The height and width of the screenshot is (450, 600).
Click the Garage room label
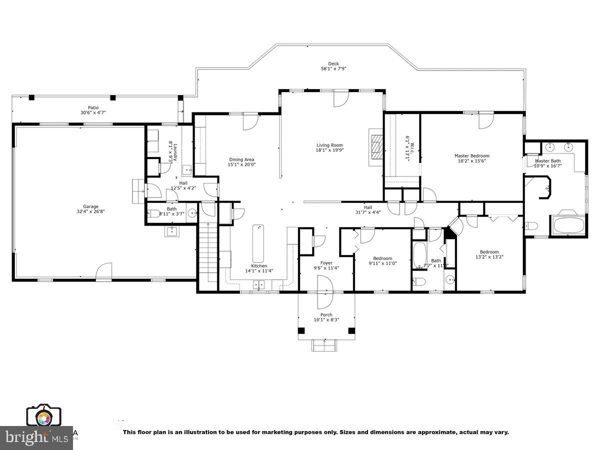(90, 206)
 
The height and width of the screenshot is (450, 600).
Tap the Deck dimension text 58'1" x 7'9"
(333, 68)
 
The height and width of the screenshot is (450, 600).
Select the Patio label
(93, 107)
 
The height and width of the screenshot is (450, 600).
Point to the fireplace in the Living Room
(375, 147)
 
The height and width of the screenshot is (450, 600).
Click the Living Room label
(329, 145)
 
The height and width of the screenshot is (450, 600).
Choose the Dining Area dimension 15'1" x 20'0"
(241, 164)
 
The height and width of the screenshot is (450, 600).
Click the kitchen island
(258, 242)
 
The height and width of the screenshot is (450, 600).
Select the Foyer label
(326, 263)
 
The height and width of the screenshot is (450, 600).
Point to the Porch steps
(325, 345)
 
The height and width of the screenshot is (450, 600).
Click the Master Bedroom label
(471, 155)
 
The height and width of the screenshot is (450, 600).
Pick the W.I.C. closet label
(408, 147)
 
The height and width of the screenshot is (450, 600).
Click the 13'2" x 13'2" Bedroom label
(489, 252)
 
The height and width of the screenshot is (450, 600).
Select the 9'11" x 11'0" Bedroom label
(382, 258)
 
